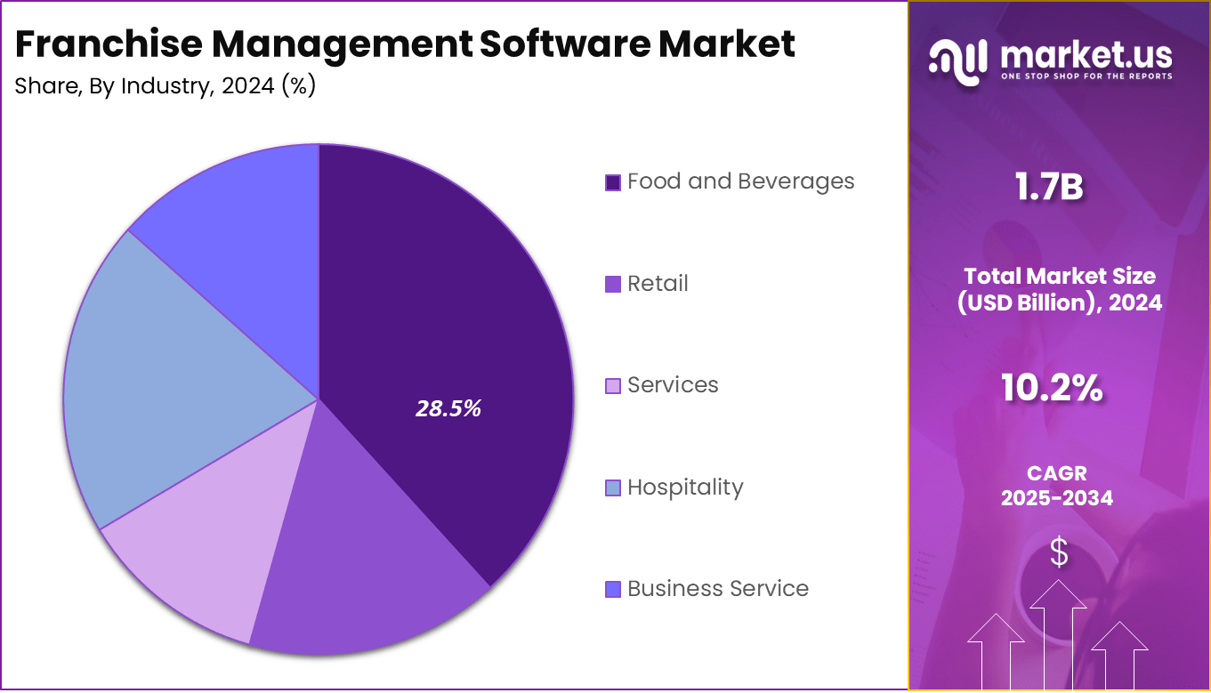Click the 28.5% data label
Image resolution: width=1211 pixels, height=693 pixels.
(448, 408)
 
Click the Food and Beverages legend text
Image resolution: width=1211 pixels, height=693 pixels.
(740, 181)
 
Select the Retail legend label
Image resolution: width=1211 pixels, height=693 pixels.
(658, 284)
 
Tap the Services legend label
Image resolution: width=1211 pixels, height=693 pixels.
(673, 385)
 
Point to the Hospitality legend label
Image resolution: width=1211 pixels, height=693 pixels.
(684, 488)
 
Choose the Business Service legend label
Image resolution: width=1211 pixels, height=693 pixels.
(717, 589)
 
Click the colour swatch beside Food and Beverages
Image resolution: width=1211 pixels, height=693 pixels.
(612, 182)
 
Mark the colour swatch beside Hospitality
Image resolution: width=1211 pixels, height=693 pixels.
(612, 488)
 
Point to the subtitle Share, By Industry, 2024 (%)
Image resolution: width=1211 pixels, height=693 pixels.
(166, 87)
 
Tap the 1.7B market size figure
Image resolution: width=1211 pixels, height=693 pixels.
(1050, 188)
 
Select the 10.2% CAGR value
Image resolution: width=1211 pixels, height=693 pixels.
(1052, 388)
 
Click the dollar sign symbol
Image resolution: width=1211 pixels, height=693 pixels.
(1059, 553)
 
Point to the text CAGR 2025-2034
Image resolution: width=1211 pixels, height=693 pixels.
(1056, 486)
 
